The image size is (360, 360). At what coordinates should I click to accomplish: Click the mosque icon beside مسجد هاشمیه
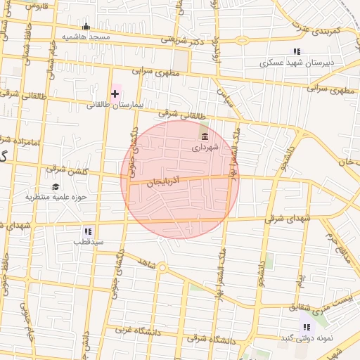[86, 27]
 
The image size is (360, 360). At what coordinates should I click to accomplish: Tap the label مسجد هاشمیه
[86, 37]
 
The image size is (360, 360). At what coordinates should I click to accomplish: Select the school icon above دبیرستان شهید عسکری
[297, 51]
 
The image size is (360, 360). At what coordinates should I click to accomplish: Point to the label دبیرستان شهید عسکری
[297, 62]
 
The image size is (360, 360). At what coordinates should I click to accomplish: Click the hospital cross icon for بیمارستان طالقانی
[115, 94]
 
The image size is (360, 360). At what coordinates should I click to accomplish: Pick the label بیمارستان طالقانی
[115, 105]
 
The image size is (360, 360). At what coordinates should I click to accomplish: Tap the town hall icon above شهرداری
[205, 136]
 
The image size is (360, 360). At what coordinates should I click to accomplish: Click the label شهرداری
[205, 148]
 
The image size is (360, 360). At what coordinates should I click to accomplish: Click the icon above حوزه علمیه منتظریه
[56, 186]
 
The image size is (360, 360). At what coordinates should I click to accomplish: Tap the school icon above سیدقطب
[88, 231]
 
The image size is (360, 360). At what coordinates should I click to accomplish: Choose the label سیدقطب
[88, 241]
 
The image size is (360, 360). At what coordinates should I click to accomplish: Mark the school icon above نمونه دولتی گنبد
[307, 327]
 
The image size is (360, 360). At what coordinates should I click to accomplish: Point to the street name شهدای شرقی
[287, 219]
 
